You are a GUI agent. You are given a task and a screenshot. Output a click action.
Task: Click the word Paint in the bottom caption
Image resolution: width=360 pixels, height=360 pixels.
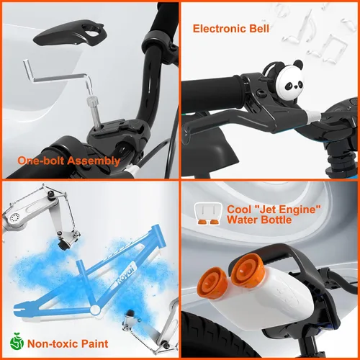click(x=94, y=343)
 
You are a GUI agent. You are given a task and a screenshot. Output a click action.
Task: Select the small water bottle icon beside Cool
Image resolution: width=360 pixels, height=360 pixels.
click(x=208, y=213)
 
